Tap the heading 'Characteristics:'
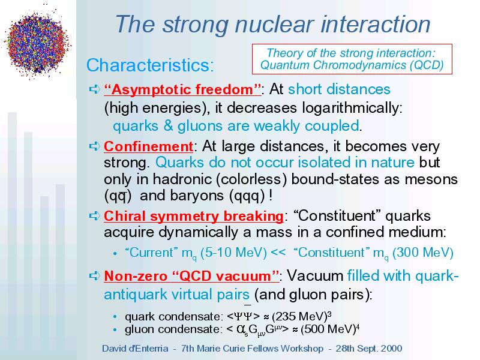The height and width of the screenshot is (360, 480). coord(150,65)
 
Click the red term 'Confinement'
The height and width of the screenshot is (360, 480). coord(148,146)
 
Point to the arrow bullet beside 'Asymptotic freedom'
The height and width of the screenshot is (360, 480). coord(95,89)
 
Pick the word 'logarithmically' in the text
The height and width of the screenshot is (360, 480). coord(352,108)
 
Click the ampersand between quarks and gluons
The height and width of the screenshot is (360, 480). coord(168,126)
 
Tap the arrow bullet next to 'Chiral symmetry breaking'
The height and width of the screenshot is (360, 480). coord(95,215)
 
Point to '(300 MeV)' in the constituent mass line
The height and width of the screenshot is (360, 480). coord(423,253)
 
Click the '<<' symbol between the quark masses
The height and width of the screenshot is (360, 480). coord(278,253)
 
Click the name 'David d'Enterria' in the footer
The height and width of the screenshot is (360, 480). coord(135,349)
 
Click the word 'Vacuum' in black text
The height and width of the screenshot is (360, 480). coord(315,276)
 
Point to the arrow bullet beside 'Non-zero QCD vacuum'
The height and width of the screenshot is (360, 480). coord(95,275)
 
